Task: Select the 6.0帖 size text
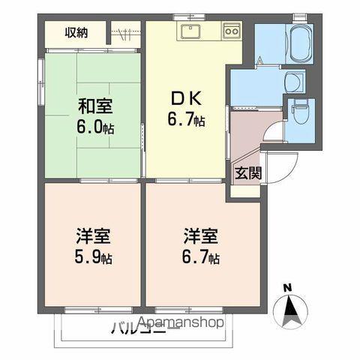(x=94, y=125)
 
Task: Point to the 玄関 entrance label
(x=247, y=173)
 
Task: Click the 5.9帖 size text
(x=92, y=259)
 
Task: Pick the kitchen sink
(x=190, y=32)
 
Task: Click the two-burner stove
(x=230, y=32)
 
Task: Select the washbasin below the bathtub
(x=293, y=80)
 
